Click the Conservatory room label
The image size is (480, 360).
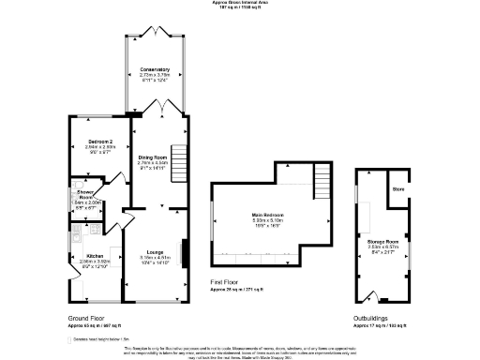coord(155,70)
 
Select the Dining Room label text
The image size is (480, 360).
coord(152,157)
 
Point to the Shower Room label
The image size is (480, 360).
coord(85,194)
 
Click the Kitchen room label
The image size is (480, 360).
coord(95,255)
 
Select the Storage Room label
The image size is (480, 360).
coord(382,242)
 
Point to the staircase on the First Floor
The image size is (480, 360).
coord(322,175)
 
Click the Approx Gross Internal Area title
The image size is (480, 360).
coord(239,4)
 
